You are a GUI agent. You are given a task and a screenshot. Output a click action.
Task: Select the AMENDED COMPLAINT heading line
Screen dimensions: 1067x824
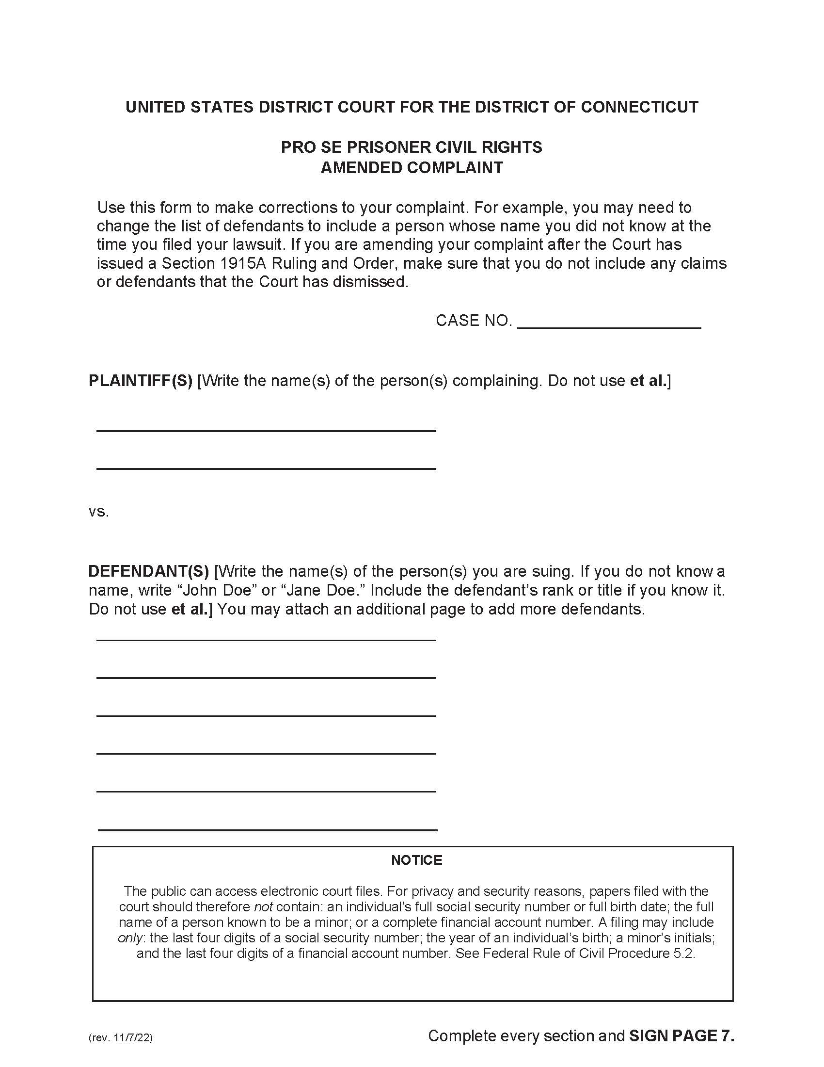(x=412, y=168)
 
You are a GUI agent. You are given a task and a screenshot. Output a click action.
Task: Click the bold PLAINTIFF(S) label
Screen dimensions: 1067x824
(x=141, y=381)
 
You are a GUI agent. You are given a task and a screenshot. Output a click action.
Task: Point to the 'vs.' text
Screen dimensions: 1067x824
(x=98, y=512)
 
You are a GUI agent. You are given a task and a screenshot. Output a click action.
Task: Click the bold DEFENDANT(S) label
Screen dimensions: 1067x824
(x=148, y=571)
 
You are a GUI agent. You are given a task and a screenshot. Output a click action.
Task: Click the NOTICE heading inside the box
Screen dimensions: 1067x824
(x=416, y=860)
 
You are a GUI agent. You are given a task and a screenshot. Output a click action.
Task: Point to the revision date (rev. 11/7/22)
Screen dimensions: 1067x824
(x=121, y=1038)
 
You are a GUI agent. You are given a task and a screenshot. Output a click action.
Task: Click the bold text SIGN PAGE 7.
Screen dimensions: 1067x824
(x=681, y=1035)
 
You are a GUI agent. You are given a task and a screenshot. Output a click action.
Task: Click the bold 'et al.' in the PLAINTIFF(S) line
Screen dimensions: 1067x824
(x=648, y=381)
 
